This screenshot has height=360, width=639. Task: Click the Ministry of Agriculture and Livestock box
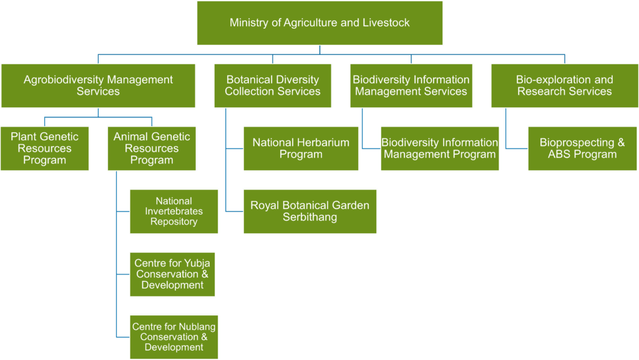point(319,23)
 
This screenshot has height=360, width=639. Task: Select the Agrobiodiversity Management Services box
point(98,85)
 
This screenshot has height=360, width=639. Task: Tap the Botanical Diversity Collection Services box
point(273,85)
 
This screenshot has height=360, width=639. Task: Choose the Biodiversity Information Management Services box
point(411,85)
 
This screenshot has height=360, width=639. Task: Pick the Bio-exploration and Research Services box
point(564,85)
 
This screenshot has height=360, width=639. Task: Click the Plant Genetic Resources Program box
point(44,148)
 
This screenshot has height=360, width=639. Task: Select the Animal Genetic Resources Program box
point(152,148)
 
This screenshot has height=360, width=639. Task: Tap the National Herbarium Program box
point(301,148)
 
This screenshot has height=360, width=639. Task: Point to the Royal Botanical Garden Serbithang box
point(310,212)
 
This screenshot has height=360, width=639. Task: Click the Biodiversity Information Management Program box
point(440,148)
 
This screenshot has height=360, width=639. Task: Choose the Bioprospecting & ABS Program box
point(582,148)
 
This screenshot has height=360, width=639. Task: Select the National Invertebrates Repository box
point(174,212)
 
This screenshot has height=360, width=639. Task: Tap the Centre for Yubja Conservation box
point(172,274)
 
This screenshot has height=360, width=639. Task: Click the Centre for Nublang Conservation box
point(174,337)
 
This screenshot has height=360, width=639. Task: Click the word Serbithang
point(310,217)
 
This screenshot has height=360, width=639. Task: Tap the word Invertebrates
point(174,211)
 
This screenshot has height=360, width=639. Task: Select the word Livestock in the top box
point(386,23)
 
